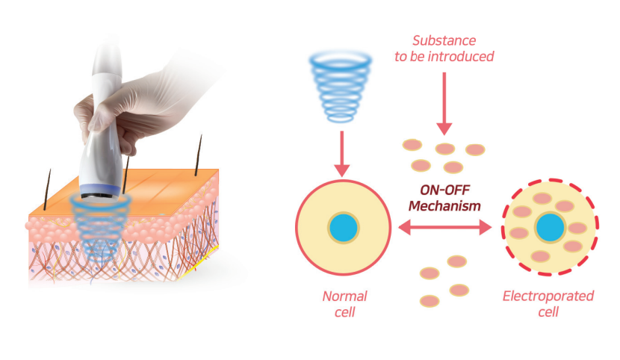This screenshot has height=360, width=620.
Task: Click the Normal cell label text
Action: click(x=344, y=303)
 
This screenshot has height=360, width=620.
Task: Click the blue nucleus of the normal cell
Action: click(x=344, y=227)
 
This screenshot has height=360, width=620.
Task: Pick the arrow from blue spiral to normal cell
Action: click(x=342, y=152)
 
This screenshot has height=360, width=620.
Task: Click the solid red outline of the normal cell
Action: click(x=298, y=227)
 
